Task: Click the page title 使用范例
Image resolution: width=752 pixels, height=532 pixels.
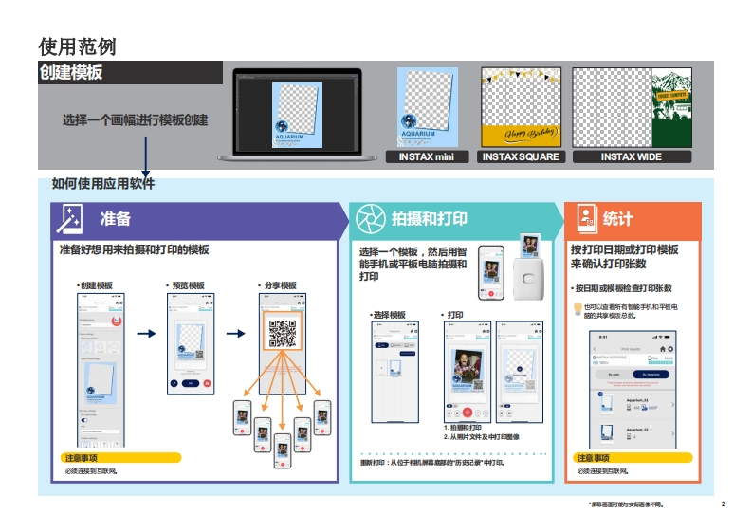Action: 77,46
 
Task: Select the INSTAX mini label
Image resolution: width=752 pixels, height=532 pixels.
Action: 427,156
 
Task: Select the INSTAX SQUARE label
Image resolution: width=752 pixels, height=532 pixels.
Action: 521,156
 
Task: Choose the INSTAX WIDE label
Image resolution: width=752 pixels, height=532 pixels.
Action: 631,156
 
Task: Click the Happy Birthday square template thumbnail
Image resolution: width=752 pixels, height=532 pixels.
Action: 521,108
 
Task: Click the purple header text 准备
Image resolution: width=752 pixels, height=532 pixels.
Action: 116,219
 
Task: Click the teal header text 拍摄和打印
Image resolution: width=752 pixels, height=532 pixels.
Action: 430,219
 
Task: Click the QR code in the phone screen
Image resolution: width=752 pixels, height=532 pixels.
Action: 283,333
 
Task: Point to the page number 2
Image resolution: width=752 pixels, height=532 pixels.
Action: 723,504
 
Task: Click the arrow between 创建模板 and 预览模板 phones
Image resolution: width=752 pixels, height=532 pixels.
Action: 146,334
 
